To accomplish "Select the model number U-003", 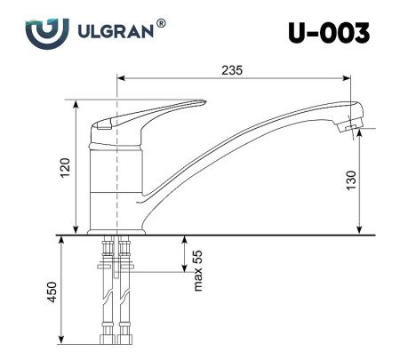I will (328, 33).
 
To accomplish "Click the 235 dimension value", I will (233, 69).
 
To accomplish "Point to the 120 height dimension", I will (64, 166).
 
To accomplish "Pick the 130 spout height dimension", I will (351, 180).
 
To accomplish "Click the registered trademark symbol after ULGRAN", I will (161, 24).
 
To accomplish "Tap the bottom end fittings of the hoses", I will (116, 339).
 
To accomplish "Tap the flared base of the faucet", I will (116, 227).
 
